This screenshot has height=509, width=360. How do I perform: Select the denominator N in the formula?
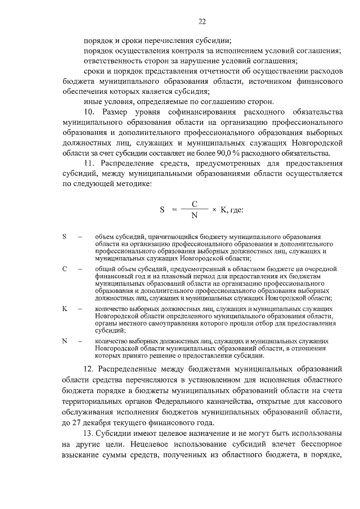pos(194,215)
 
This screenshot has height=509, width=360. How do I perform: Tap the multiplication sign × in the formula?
pos(214,210)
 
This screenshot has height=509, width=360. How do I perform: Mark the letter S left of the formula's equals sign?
pos(162,210)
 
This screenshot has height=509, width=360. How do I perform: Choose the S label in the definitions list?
pos(65,237)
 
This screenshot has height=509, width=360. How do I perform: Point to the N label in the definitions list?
pos(65,341)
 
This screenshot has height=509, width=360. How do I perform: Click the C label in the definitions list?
pos(65,269)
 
